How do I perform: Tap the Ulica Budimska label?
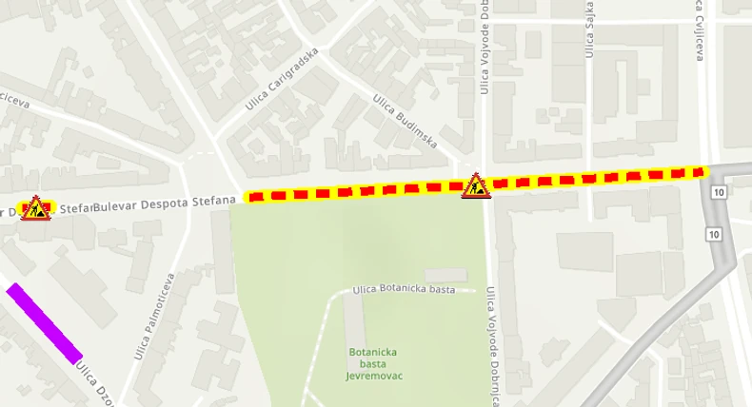[405, 121]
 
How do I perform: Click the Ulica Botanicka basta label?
[404, 289]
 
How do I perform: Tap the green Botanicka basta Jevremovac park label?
[372, 363]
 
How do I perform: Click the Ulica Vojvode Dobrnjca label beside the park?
[492, 347]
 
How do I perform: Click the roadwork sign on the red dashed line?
[475, 186]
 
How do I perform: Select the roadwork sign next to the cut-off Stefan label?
[35, 207]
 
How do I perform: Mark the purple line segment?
[45, 322]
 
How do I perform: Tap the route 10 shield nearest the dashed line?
[717, 193]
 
